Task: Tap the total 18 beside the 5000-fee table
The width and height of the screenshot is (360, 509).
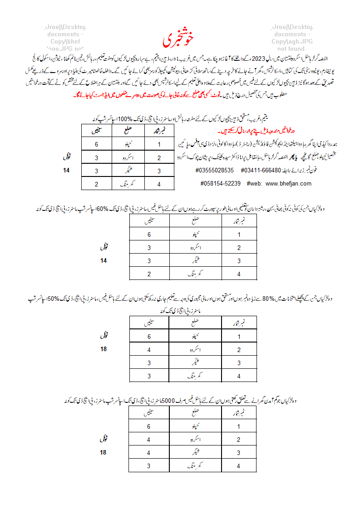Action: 104,453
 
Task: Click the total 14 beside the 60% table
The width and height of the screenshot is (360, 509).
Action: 104,260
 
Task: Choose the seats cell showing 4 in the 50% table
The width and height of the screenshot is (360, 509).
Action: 149,350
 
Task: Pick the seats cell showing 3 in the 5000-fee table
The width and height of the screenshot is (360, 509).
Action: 149,466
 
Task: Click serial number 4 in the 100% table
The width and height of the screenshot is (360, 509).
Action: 159,184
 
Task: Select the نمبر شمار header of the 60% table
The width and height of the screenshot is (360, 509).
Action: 239,221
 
